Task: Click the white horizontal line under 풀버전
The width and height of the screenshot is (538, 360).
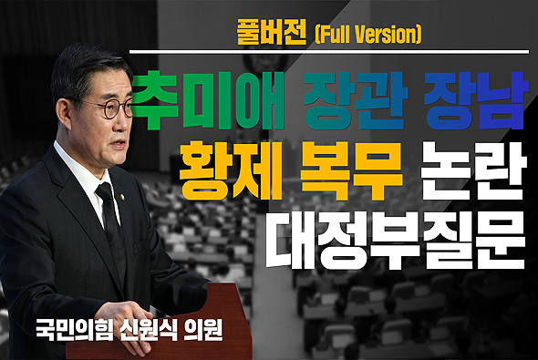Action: pos(328,52)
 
